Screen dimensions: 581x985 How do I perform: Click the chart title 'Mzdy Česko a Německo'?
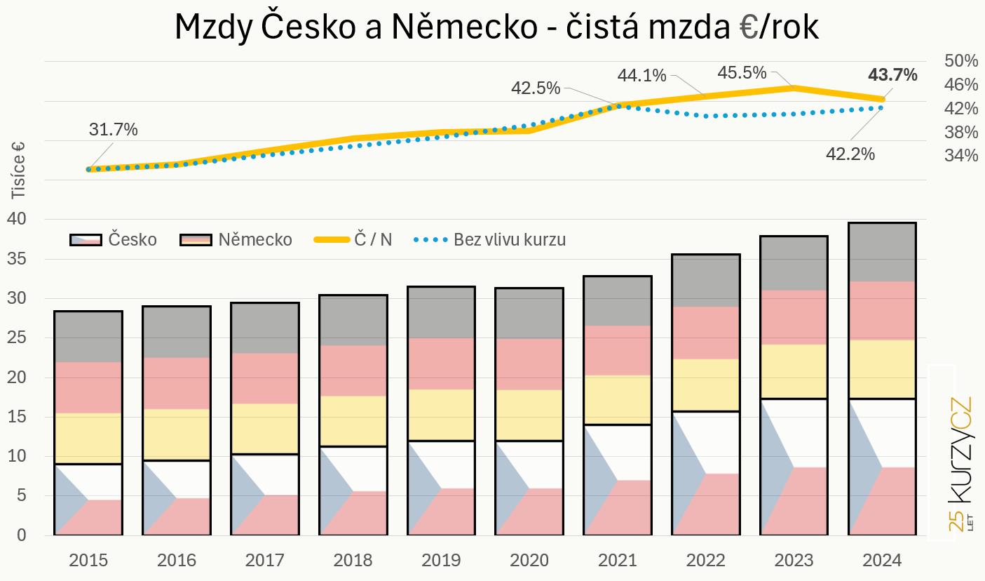[x=496, y=27]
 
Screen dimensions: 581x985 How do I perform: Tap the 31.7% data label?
[x=113, y=130]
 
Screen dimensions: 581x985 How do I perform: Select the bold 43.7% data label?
[x=892, y=75]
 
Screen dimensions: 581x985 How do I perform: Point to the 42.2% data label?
[x=850, y=154]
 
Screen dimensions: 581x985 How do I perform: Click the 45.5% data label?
[x=741, y=72]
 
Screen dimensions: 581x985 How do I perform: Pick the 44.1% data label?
[x=641, y=74]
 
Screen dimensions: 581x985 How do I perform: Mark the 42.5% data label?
[x=536, y=88]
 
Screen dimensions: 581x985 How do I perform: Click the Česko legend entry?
[x=114, y=239]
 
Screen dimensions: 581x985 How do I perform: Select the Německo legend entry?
[x=236, y=239]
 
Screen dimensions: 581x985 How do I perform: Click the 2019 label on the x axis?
[x=441, y=560]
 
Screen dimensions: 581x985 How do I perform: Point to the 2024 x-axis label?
[x=881, y=560]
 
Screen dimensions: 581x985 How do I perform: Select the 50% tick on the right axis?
[x=960, y=61]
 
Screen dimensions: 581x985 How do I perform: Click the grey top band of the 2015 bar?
[x=88, y=336]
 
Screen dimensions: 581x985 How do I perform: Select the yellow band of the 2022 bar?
[x=705, y=385]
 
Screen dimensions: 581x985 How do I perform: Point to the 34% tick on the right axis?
[x=960, y=156]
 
